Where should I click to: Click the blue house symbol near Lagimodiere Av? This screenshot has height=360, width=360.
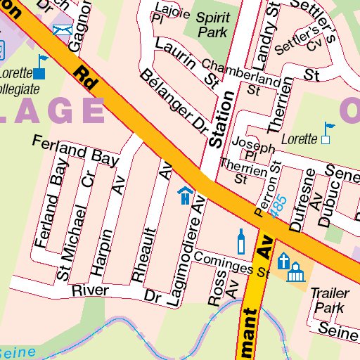pyautogui.click(x=185, y=195)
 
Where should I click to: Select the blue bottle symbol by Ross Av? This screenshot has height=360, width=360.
pyautogui.click(x=241, y=241)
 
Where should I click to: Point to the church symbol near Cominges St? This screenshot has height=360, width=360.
pyautogui.click(x=284, y=262)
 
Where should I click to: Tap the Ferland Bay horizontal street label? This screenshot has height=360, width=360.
pyautogui.click(x=75, y=151)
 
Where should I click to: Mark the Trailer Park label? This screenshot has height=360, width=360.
pyautogui.click(x=328, y=299)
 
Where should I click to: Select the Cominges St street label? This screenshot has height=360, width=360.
pyautogui.click(x=233, y=264)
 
